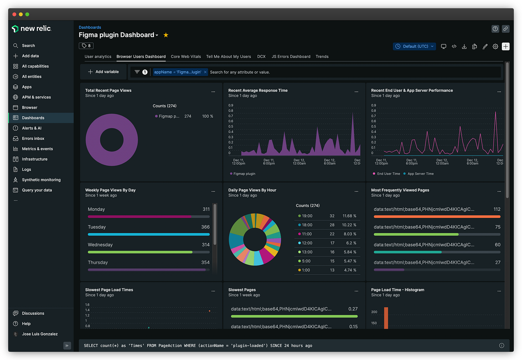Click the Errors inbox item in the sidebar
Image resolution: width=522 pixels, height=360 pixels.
pos(33,138)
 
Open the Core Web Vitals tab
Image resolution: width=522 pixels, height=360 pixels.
pos(186,56)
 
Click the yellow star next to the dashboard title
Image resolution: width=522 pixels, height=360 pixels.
pos(166,35)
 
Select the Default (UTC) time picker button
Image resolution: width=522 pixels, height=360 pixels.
pos(414,46)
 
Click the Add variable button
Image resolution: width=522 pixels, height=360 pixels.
pos(104,72)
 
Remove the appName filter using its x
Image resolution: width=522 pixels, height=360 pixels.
pos(205,72)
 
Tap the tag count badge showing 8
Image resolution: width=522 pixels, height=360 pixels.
pos(86,46)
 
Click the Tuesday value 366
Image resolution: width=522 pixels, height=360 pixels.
pos(205,227)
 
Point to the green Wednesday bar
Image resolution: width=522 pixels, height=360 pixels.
pos(140,252)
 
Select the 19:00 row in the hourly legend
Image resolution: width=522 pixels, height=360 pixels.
pos(327,216)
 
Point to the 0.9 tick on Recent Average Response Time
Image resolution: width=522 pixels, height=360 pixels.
pos(231,105)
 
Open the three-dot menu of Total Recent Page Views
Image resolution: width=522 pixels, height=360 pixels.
pos(213,92)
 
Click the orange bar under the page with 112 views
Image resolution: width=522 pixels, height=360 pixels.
pos(437,217)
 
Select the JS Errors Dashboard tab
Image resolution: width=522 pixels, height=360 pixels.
pos(291,56)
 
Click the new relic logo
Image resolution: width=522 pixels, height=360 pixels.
pos(31,29)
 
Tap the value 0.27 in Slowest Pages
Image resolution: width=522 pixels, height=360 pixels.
pos(353,309)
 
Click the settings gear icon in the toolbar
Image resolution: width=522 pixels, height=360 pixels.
pos(495,46)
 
